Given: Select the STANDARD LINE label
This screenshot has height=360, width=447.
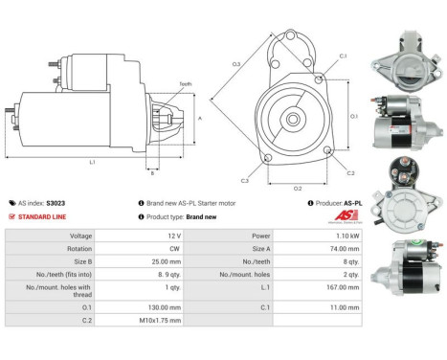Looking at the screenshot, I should click(x=39, y=216).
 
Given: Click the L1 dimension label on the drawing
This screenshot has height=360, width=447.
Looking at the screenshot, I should click(x=91, y=162).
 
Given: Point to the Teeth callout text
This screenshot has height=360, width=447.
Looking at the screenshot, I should click(x=186, y=84).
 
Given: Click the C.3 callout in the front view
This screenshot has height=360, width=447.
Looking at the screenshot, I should click(x=245, y=180).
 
